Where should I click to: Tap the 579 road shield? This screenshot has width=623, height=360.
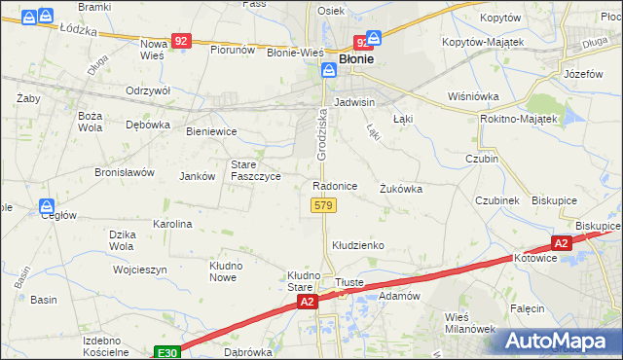click(324, 205)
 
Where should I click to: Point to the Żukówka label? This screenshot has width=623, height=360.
click(401, 189)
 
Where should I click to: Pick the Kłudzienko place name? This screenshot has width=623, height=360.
click(358, 245)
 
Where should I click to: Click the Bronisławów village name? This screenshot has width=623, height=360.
click(125, 172)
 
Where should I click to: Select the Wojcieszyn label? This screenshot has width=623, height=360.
click(139, 270)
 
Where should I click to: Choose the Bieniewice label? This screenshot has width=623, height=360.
click(211, 130)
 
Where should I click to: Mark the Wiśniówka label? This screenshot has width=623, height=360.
click(472, 96)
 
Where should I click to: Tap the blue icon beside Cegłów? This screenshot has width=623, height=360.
click(46, 206)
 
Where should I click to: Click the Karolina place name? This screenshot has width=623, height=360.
click(172, 224)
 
